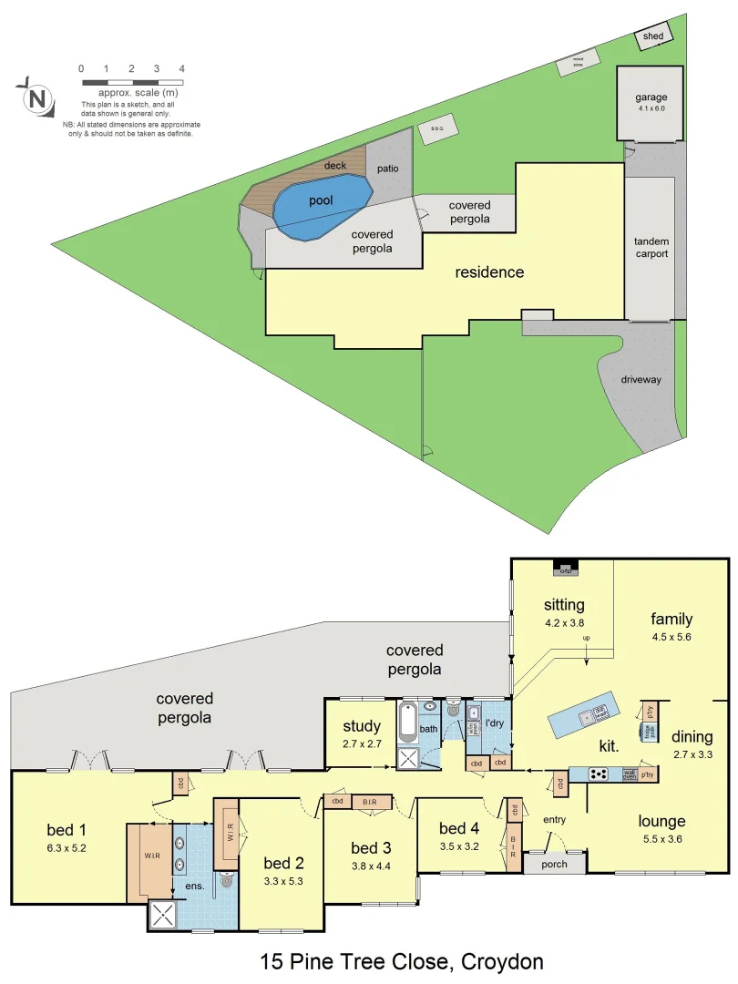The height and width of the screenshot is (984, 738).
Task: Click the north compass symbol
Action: pos(37,97)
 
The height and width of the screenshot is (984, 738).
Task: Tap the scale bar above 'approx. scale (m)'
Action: pos(132,82)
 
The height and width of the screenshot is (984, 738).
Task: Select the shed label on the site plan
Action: pos(653,36)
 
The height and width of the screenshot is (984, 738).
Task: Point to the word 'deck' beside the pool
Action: pos(335,166)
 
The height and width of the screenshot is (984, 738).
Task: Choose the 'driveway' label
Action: pos(641,379)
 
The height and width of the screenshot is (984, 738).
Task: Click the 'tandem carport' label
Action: pos(651,248)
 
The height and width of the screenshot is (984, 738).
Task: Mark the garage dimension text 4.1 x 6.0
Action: pos(652,108)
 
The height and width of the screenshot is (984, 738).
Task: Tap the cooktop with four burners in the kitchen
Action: pos(600,774)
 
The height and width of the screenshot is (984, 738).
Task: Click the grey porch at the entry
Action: pos(554,864)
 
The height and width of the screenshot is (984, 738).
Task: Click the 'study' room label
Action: pos(362,727)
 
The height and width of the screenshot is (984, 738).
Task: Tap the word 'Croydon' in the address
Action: pos(503,961)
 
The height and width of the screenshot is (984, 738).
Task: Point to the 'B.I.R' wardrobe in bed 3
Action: pos(371,802)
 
